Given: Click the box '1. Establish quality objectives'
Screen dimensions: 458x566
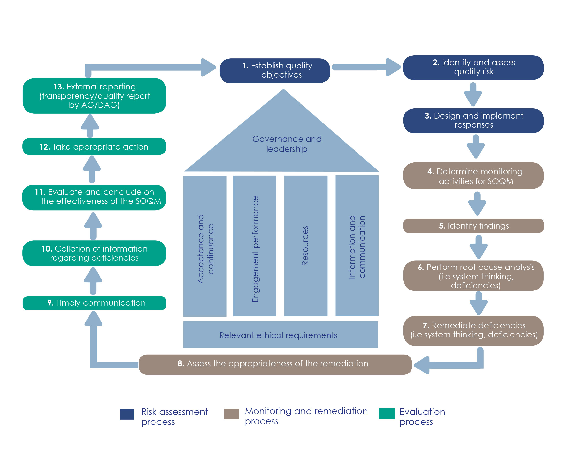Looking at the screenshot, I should (x=275, y=71).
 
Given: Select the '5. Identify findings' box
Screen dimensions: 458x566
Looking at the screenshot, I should (x=473, y=225).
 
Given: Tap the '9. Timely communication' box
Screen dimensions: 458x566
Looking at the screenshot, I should (x=94, y=303).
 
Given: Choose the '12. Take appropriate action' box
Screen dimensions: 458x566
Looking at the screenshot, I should (x=94, y=146).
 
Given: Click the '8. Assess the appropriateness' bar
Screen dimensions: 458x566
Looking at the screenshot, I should (x=275, y=364).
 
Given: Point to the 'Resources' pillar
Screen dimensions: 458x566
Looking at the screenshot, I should (x=305, y=246).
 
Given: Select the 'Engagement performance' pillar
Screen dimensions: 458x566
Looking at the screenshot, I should (x=254, y=246).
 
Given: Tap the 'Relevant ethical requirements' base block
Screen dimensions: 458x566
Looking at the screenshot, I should (x=280, y=335).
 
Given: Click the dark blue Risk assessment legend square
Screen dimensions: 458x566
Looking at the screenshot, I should (x=127, y=414).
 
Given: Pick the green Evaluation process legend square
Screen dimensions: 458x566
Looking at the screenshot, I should (x=386, y=413).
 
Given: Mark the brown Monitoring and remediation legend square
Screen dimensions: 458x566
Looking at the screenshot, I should (x=231, y=414).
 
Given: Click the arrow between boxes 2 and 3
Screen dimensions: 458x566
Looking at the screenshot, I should (x=473, y=94).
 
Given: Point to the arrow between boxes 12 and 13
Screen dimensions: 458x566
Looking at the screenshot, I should (x=90, y=126).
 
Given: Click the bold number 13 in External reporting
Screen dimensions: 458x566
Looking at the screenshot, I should (x=58, y=87).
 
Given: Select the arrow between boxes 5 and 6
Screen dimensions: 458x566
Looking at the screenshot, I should (x=478, y=247).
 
